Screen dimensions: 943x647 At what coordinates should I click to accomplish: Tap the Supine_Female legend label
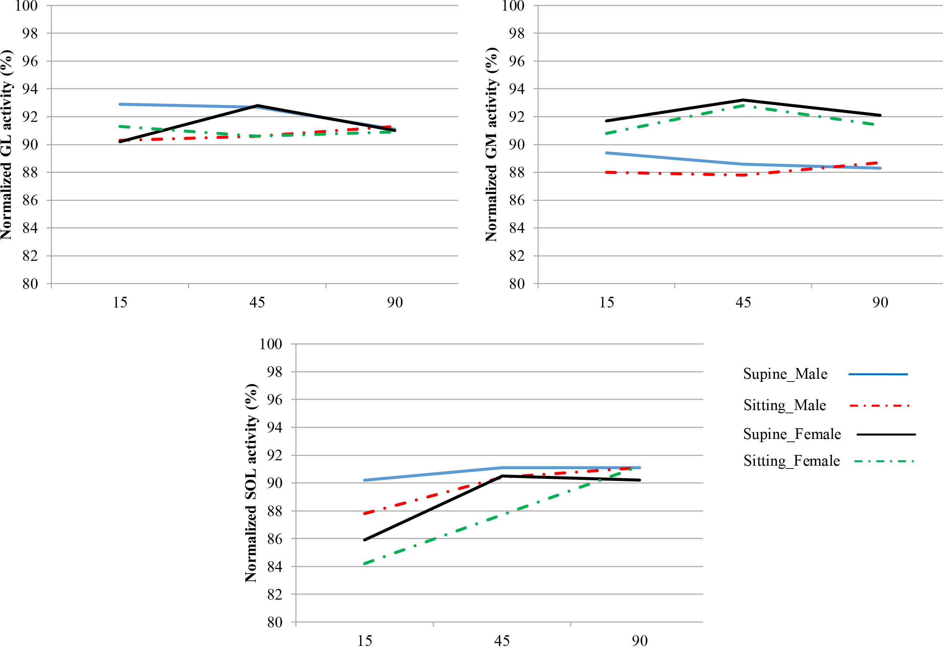[x=792, y=434]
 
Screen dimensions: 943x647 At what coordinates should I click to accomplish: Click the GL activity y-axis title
[x=7, y=145]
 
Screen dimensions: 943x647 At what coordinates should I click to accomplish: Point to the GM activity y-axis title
[x=491, y=145]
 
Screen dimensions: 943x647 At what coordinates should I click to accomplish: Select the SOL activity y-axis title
[x=251, y=483]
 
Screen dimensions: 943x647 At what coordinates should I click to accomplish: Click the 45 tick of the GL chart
[x=257, y=302]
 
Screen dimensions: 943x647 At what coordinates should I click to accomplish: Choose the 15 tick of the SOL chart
[x=364, y=641]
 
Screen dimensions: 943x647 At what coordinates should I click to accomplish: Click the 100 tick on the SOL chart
[x=270, y=344]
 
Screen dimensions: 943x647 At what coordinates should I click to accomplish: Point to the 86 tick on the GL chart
[x=30, y=200]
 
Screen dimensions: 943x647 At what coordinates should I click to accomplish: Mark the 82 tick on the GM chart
[x=517, y=256]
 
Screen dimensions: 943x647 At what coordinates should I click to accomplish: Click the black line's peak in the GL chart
[x=257, y=105]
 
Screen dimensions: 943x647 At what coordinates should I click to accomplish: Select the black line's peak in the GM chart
[x=743, y=100]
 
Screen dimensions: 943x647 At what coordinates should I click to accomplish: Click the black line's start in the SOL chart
[x=364, y=540]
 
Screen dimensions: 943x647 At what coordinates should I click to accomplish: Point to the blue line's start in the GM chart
[x=606, y=153]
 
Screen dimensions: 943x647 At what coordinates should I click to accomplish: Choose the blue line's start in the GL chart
[x=120, y=104]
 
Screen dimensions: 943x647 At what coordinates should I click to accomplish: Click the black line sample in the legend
[x=886, y=434]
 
